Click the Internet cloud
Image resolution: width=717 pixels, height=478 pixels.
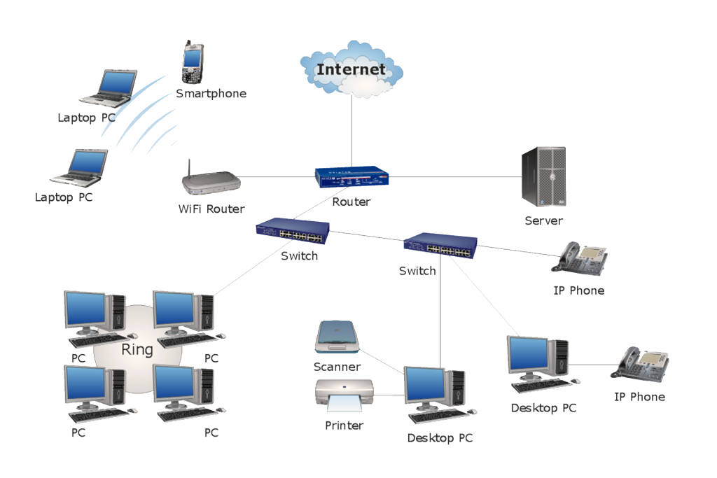click(351, 69)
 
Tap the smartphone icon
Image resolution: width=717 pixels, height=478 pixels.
click(193, 63)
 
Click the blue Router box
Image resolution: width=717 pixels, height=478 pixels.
click(351, 178)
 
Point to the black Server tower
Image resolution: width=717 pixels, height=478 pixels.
click(543, 177)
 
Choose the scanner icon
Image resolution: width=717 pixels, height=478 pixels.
click(337, 337)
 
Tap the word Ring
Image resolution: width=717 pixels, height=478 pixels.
click(137, 349)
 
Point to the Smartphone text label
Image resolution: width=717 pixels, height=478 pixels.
click(211, 93)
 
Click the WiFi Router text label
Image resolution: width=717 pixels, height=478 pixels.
click(211, 209)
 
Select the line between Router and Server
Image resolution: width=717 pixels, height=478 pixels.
click(455, 177)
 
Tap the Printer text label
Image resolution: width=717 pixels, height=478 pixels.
click(344, 426)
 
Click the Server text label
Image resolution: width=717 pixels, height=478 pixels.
click(543, 220)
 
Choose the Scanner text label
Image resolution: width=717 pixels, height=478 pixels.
click(337, 367)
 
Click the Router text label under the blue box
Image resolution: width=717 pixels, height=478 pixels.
click(351, 202)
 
